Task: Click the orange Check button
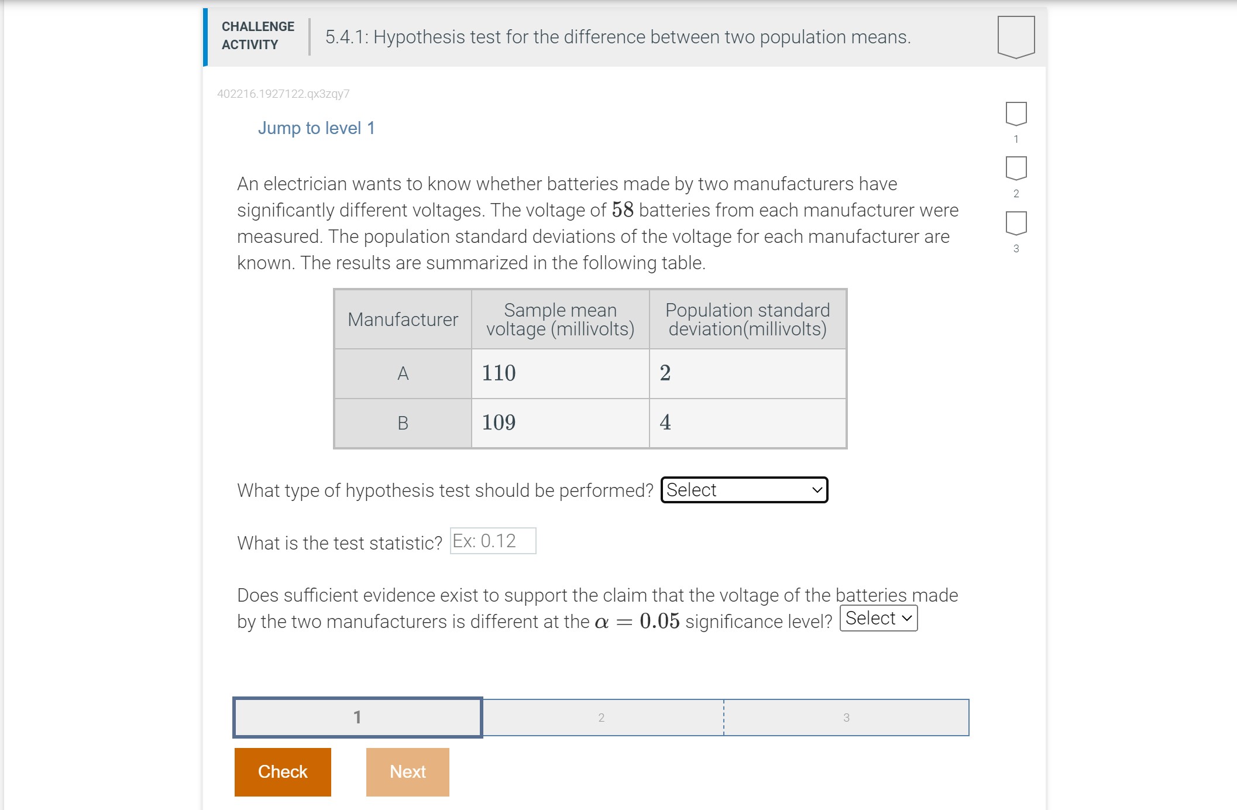click(283, 772)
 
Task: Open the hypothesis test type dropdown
click(744, 490)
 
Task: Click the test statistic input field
click(493, 541)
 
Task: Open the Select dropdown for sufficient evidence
click(878, 619)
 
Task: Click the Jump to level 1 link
click(316, 128)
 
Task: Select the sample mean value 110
click(499, 373)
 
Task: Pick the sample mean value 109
click(499, 423)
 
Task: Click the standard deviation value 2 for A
click(665, 373)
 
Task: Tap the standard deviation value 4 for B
click(665, 423)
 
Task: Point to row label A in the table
click(403, 373)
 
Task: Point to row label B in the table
click(403, 423)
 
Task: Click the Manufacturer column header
click(403, 320)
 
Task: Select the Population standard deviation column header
click(747, 320)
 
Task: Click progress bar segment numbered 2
click(602, 718)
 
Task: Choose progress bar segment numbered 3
click(846, 718)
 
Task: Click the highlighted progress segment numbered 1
click(358, 718)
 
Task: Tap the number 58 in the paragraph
click(623, 210)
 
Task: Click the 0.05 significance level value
click(659, 622)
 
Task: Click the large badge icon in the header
click(1016, 37)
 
